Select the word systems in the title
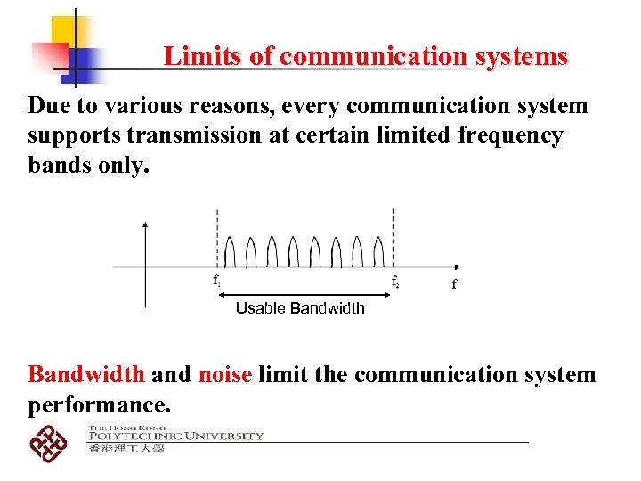(525, 57)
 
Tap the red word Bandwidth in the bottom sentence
(87, 374)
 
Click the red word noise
(226, 374)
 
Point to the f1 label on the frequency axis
(216, 281)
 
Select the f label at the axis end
(454, 284)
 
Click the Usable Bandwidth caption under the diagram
(300, 308)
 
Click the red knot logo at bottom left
(48, 441)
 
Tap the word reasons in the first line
(223, 107)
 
